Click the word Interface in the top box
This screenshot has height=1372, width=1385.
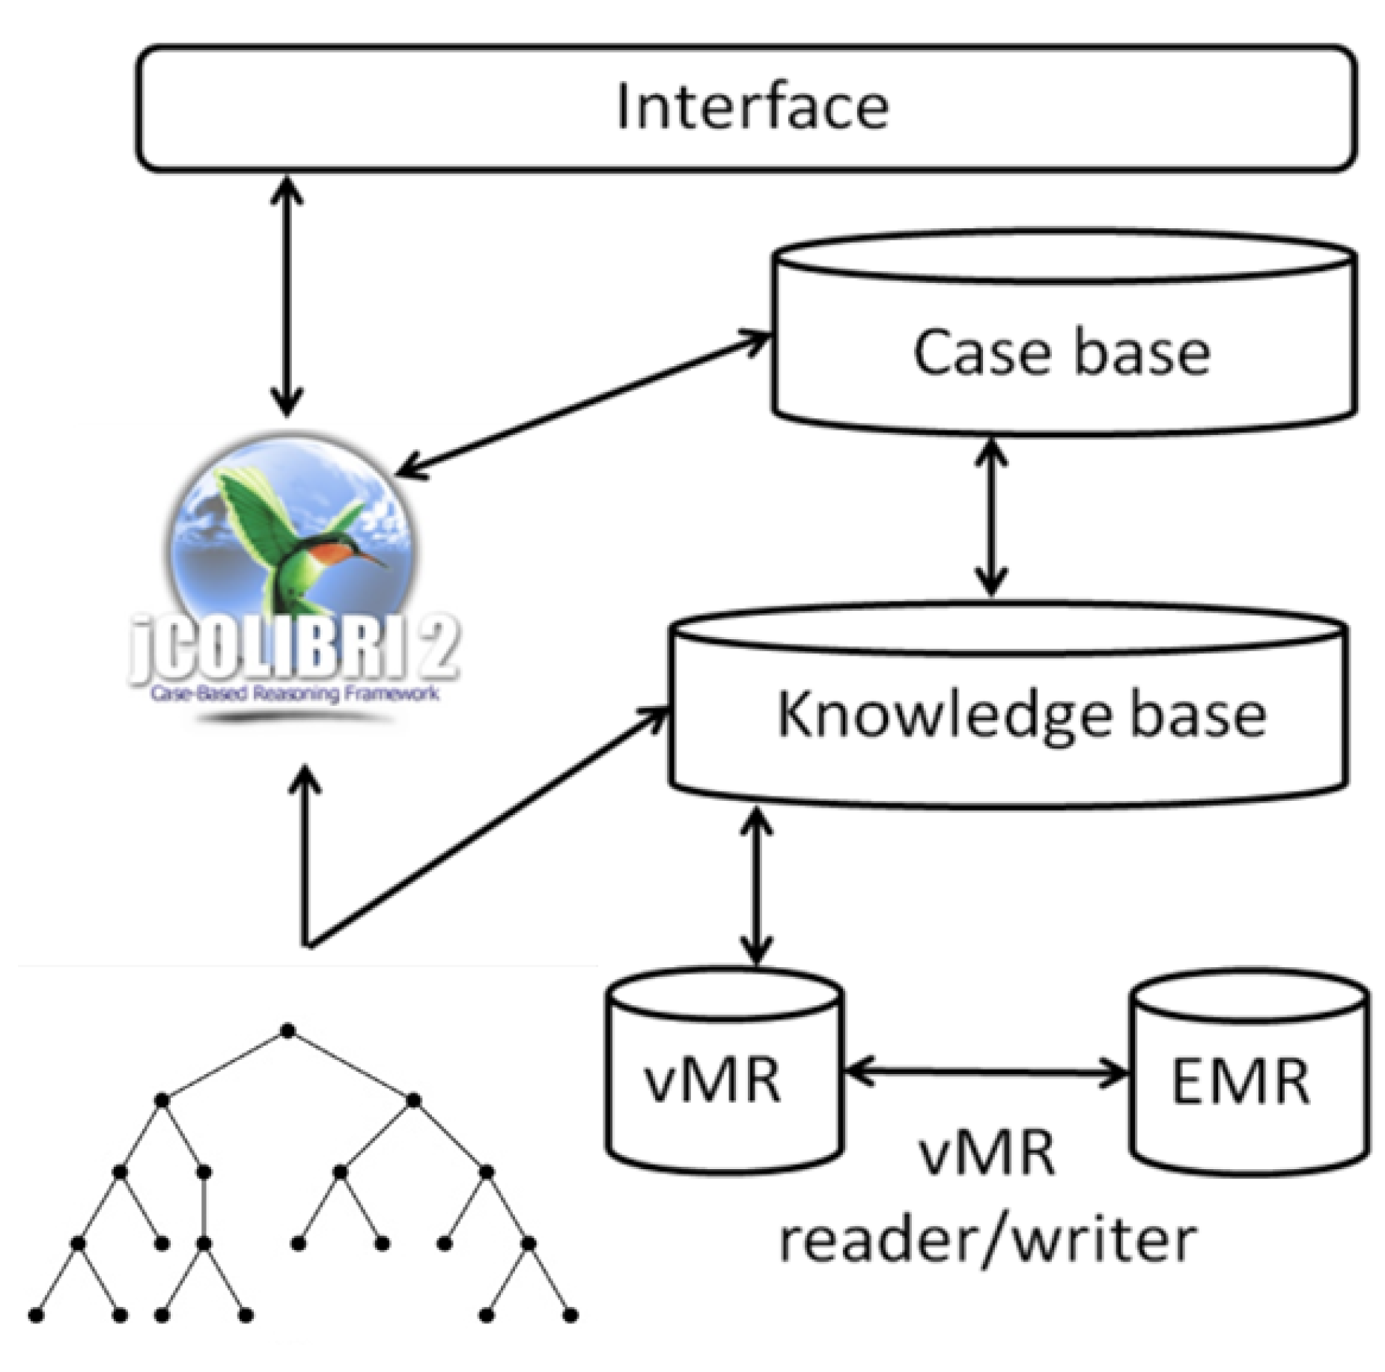point(752,107)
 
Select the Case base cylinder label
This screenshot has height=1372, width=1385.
point(1061,352)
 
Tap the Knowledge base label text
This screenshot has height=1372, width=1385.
point(1021,715)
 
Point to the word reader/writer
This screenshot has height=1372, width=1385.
point(987,1240)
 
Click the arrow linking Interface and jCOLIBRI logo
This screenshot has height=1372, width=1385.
point(287,296)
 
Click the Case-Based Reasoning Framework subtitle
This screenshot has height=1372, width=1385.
point(294,693)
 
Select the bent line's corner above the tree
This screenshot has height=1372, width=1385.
point(307,945)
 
